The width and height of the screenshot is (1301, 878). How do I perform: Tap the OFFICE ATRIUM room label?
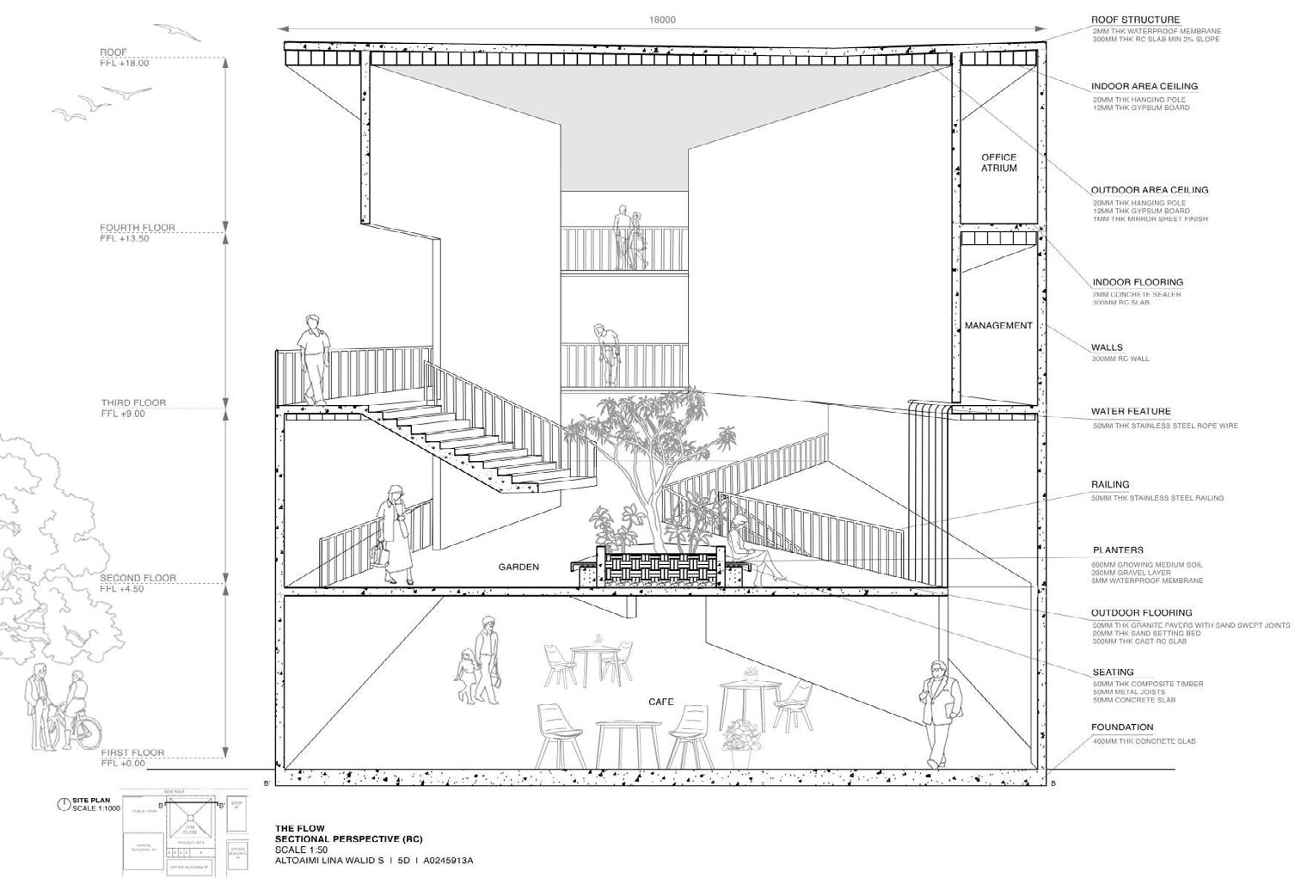[998, 163]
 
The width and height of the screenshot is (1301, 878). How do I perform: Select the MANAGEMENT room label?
[997, 326]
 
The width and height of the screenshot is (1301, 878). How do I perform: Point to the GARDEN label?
[519, 567]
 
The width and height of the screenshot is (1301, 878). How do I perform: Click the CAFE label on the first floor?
[660, 703]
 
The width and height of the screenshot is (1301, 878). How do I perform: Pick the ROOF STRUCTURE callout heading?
[1135, 20]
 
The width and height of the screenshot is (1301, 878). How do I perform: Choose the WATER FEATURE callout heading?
[1131, 412]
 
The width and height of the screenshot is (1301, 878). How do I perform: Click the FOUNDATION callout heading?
[1121, 728]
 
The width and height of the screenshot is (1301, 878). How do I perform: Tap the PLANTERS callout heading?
[1118, 550]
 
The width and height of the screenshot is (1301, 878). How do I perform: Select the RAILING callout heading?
[1110, 485]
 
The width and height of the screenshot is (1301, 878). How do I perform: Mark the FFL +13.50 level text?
[125, 239]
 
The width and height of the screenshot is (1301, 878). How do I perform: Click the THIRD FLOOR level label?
[133, 402]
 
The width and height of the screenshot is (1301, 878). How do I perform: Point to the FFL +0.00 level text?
[123, 764]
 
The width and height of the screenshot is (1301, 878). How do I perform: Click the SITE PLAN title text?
[91, 801]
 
